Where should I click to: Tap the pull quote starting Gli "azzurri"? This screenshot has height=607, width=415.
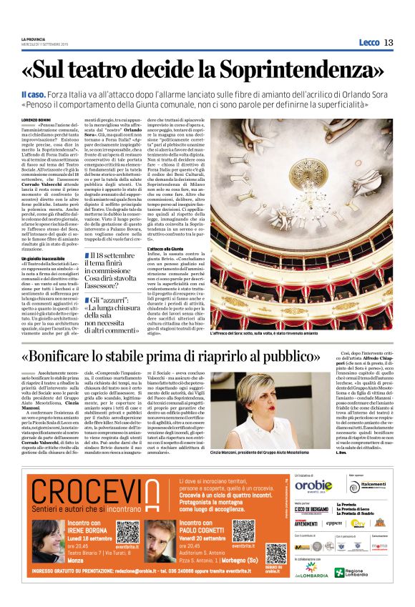pos(115,315)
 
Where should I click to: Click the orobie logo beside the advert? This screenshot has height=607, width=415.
pos(313,486)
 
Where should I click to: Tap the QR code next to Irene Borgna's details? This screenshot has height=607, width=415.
pos(127,532)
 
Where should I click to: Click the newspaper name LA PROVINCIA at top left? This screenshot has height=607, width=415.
pos(34,39)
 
